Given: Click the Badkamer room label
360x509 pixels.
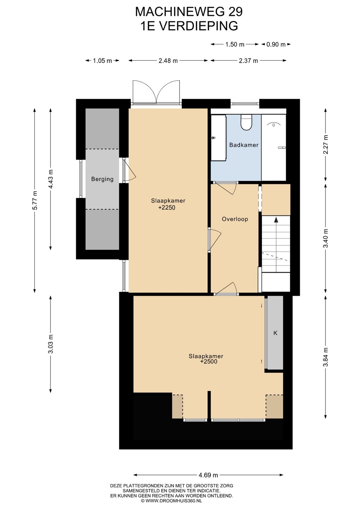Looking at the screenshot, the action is click(244, 145).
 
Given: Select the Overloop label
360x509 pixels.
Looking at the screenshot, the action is click(235, 219).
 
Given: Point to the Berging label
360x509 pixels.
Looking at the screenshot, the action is click(102, 179).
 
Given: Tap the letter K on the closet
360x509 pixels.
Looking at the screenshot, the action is click(275, 333).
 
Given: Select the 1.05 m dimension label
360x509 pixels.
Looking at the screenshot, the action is click(102, 61).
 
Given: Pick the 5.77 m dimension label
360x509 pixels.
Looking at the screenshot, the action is click(35, 201).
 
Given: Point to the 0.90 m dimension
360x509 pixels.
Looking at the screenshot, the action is click(276, 44).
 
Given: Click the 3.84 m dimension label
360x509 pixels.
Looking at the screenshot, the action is click(326, 357).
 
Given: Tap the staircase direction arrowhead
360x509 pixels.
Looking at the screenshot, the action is click(276, 220).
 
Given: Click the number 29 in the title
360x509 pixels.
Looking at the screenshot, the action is click(236, 12).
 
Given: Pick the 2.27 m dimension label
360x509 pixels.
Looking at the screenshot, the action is click(326, 145).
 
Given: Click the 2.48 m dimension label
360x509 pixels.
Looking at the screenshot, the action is click(168, 61).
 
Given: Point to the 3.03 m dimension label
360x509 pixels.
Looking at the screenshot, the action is click(51, 344).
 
